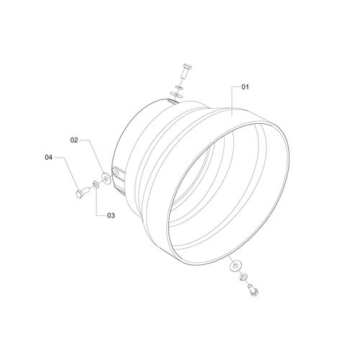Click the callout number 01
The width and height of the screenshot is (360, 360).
click(245, 87)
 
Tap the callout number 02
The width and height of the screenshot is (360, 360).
click(74, 140)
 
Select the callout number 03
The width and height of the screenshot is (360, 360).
click(111, 215)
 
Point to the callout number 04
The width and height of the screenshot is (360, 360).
click(48, 158)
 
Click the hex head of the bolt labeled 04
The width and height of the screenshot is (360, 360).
click(79, 194)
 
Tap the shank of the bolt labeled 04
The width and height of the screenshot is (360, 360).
click(86, 190)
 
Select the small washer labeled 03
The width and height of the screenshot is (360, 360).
click(96, 185)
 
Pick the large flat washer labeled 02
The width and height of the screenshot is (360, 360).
click(106, 179)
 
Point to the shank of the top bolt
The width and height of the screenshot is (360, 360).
click(184, 73)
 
